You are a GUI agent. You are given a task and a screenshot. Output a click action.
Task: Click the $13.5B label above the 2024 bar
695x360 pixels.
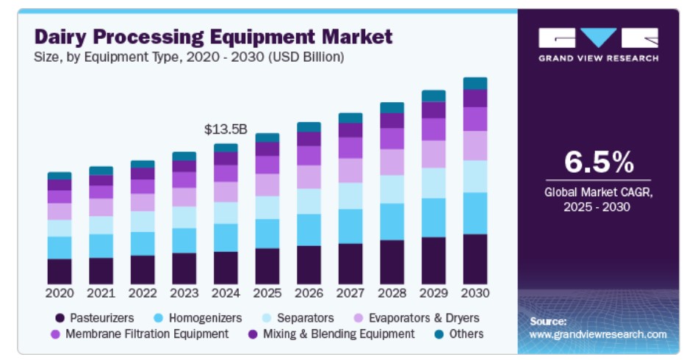[226, 129]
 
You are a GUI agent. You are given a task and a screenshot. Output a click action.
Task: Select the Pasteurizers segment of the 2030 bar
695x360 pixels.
[475, 259]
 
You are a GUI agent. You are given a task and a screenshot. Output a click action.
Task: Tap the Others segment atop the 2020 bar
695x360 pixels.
[60, 176]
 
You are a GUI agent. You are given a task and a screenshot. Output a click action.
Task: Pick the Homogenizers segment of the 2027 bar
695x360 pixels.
[350, 226]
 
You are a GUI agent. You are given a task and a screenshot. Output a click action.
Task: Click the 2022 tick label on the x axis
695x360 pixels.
[143, 293]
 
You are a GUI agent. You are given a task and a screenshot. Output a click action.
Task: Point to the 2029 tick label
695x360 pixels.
[433, 293]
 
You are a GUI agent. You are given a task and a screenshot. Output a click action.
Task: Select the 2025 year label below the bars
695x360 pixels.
[267, 293]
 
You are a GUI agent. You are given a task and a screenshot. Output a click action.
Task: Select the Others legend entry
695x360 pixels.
[467, 334]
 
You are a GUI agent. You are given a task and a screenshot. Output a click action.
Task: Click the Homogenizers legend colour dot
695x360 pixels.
[156, 318]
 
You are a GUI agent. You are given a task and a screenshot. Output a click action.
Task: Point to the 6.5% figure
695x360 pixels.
[597, 161]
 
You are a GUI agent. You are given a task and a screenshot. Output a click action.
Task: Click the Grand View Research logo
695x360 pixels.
[597, 44]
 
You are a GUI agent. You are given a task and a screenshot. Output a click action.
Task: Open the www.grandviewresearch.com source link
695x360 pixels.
[597, 334]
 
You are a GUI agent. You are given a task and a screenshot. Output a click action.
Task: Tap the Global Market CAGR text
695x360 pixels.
[597, 193]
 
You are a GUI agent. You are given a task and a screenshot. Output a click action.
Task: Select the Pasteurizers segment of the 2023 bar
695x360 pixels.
[184, 268]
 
